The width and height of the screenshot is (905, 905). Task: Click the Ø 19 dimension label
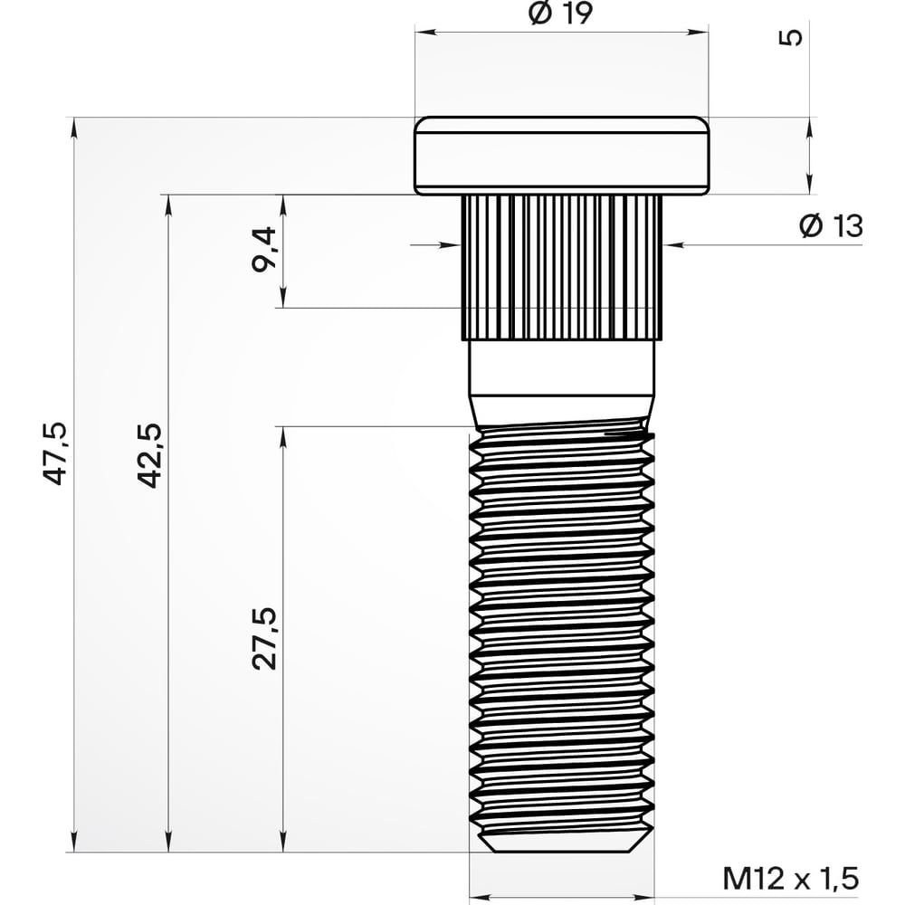coord(561,14)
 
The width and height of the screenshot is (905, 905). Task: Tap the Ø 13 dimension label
coord(831,226)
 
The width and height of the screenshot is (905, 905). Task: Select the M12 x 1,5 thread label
coord(789,877)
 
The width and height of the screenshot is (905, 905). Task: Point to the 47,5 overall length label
coord(56,452)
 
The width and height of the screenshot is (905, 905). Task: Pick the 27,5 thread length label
coord(264,638)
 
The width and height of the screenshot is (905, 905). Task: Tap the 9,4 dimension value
coord(264,251)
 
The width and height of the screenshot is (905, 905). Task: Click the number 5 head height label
coord(790,37)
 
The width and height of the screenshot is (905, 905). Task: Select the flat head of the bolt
coord(561,156)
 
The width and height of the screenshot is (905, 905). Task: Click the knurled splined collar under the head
coord(561,267)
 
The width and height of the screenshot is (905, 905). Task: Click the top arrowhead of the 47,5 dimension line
coord(73,127)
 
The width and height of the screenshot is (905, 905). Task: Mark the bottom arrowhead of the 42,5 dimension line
coord(168,843)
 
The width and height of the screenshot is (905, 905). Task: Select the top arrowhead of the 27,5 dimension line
coord(283,435)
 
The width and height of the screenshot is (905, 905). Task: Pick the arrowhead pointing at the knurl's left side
coord(452,243)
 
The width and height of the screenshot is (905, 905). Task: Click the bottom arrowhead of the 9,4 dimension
coord(283,299)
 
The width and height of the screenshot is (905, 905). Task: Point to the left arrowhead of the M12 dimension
coord(479,897)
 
